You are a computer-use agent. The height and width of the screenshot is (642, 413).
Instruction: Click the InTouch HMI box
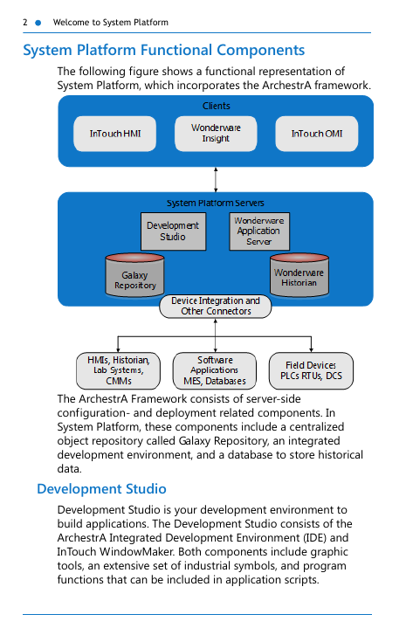(x=114, y=134)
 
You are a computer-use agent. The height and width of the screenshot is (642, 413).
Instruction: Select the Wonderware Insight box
(x=216, y=134)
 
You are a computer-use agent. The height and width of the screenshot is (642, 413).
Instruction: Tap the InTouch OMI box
(x=317, y=134)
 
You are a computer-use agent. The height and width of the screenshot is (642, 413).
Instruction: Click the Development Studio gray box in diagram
(x=173, y=231)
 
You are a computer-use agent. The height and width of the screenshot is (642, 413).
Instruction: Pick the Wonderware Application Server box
(x=259, y=231)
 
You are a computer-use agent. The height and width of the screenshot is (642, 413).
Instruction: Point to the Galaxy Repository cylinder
(x=134, y=275)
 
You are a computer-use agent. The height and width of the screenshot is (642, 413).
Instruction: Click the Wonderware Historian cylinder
(x=299, y=275)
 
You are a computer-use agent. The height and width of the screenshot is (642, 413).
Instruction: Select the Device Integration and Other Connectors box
(x=216, y=307)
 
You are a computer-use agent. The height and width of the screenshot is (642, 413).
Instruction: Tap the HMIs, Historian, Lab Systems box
(x=118, y=370)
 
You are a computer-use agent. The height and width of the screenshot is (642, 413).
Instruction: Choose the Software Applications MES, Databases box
(x=215, y=370)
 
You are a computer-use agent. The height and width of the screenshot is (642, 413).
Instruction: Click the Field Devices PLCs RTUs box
(x=311, y=370)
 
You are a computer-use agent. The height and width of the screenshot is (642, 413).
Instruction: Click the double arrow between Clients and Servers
(x=216, y=179)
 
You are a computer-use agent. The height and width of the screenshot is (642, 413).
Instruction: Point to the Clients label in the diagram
(x=217, y=106)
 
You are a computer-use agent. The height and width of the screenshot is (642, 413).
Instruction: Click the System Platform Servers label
(x=216, y=203)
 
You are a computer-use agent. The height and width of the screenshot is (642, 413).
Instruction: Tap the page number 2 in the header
(x=25, y=23)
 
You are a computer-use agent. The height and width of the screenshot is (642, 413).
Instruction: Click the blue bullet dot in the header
(x=38, y=23)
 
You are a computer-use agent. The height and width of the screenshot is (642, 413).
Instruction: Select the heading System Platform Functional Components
(x=164, y=51)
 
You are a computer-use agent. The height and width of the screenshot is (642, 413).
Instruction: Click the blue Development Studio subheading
(x=101, y=489)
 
